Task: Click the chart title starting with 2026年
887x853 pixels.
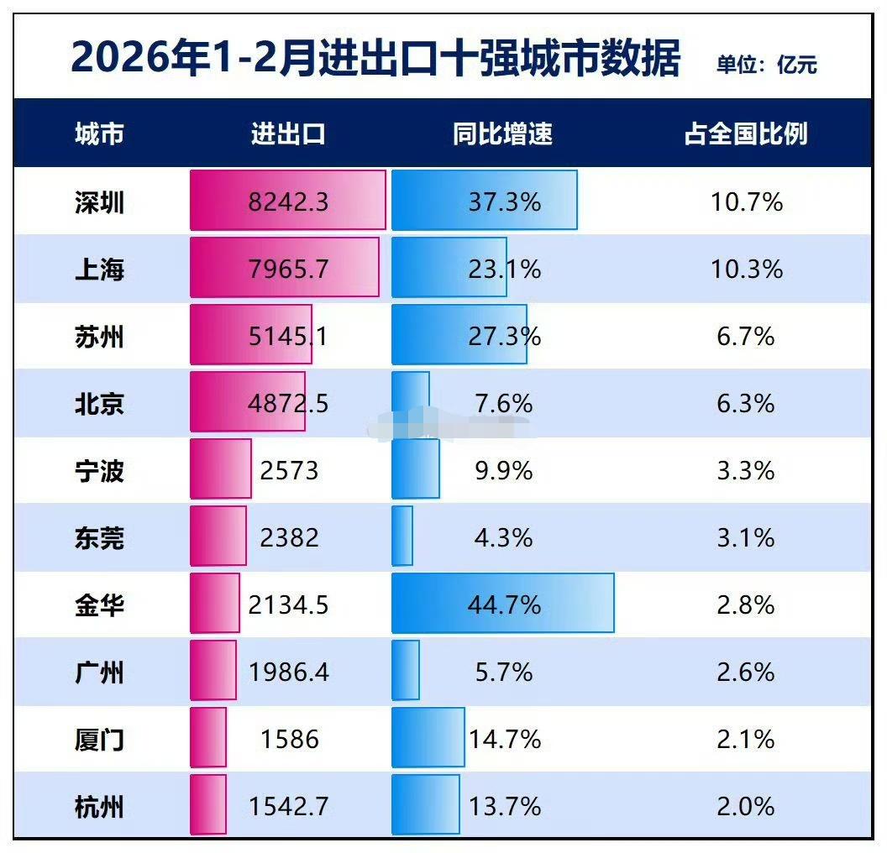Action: [x=375, y=59]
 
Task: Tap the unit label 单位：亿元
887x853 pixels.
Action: [x=766, y=65]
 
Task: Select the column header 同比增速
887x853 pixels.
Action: [x=502, y=133]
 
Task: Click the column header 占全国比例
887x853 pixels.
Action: [x=745, y=133]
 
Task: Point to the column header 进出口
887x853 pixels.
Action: [x=288, y=133]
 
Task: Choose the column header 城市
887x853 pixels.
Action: [x=99, y=133]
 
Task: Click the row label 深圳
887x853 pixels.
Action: [x=99, y=202]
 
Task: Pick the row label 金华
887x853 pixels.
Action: [x=99, y=605]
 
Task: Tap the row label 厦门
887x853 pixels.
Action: [x=99, y=740]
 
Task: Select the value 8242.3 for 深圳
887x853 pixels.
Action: [x=288, y=202]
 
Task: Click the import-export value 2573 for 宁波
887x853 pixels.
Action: [x=289, y=470]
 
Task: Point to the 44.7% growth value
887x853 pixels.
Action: [x=502, y=605]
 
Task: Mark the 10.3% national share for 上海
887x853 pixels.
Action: [x=746, y=270]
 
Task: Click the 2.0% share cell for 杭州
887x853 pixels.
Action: [x=746, y=807]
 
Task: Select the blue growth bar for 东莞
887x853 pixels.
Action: [x=402, y=536]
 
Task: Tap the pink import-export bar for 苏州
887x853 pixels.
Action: [x=250, y=334]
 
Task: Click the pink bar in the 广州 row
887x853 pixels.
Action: [x=213, y=670]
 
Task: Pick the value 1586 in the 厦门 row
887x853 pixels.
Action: [x=289, y=740]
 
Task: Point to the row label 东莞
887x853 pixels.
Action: [x=99, y=538]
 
